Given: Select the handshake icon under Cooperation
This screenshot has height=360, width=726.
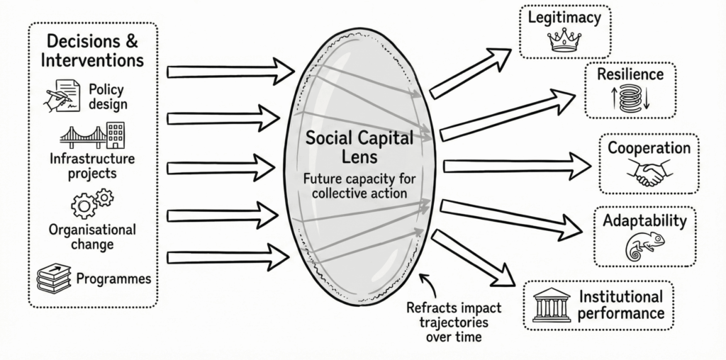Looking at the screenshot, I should pyautogui.click(x=646, y=174).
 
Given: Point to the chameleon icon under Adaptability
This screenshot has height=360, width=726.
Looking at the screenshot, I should pyautogui.click(x=644, y=245).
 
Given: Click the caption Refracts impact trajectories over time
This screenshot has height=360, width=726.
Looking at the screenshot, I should pyautogui.click(x=454, y=322).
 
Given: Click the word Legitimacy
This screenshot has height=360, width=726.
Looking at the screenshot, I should pyautogui.click(x=564, y=18).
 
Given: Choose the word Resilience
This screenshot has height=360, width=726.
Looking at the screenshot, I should pyautogui.click(x=630, y=74).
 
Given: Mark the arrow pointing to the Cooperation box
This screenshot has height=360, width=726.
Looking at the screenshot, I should pyautogui.click(x=517, y=166).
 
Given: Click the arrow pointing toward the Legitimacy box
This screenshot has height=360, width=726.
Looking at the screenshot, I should pyautogui.click(x=470, y=73).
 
